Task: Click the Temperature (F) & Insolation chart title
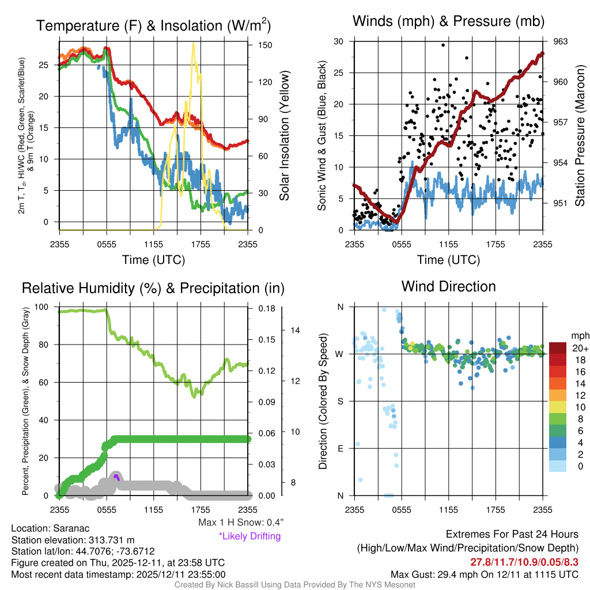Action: click(153, 25)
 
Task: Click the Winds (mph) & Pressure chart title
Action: click(449, 22)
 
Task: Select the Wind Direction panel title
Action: click(448, 286)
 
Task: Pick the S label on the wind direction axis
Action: click(340, 401)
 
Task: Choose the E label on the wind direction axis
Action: click(340, 448)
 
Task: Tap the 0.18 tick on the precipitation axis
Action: click(261, 309)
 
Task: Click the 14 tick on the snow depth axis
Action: click(296, 331)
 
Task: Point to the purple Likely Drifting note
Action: click(249, 536)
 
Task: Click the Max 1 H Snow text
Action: click(240, 523)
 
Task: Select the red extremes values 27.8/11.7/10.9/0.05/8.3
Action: click(524, 562)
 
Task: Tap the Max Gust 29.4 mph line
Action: click(484, 574)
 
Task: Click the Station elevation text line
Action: click(73, 540)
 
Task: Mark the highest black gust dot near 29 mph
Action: click(443, 45)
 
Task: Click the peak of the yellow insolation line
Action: click(193, 43)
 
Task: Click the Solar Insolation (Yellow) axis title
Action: click(284, 136)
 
